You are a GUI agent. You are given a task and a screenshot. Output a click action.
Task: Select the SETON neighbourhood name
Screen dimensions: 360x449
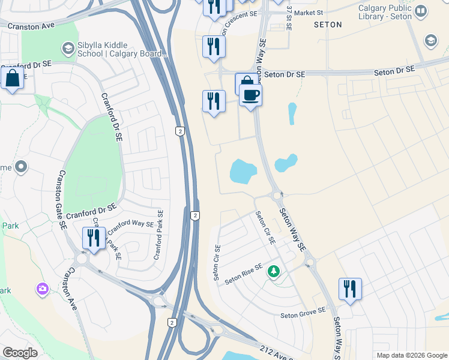[x=328, y=25]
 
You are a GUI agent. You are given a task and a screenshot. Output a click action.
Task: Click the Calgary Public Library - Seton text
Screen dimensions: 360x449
[x=385, y=12]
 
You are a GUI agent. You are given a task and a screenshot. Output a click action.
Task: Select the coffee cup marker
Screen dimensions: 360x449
[x=250, y=95]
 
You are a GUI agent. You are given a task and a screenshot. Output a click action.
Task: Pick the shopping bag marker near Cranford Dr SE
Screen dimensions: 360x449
[x=12, y=79]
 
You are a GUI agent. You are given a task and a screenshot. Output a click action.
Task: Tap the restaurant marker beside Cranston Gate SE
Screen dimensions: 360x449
[x=94, y=238]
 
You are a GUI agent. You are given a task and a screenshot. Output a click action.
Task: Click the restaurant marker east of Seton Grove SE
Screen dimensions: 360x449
[x=350, y=289]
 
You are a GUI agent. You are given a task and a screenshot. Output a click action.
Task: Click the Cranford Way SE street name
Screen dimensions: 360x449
[x=131, y=224]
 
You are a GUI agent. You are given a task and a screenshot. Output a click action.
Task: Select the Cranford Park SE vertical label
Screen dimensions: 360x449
[x=160, y=234]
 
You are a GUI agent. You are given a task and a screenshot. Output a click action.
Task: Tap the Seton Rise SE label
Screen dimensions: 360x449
[x=244, y=274]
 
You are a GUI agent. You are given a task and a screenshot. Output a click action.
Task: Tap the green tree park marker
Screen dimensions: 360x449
[x=274, y=272]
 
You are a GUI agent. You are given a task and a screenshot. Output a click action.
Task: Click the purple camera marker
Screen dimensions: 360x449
[x=42, y=290]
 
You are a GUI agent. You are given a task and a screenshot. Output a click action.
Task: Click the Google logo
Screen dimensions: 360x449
[x=20, y=353]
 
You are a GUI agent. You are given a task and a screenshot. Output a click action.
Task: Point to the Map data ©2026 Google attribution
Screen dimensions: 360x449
[x=411, y=355]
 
